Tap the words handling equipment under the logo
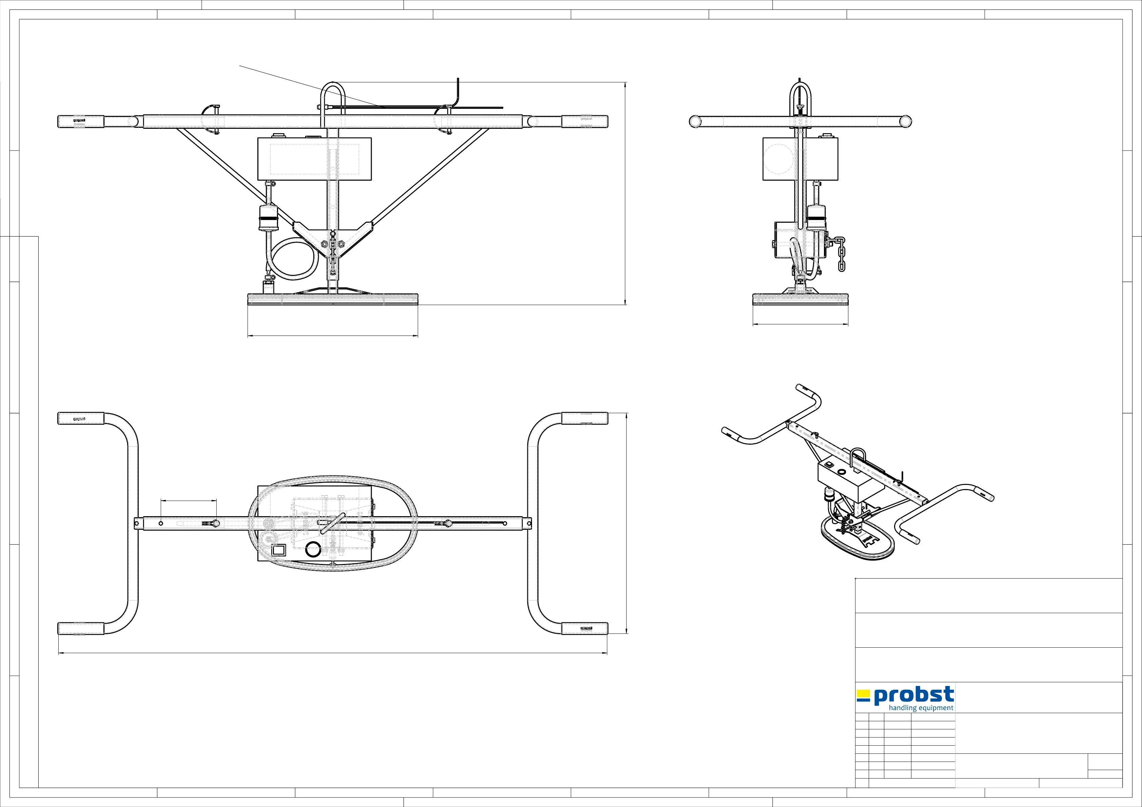[x=921, y=708]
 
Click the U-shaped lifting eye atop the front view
[x=333, y=95]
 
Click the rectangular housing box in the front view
[x=314, y=159]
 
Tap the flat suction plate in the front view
[x=333, y=298]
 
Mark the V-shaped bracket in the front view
[x=332, y=236]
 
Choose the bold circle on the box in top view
[x=313, y=550]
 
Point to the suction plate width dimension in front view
[x=333, y=336]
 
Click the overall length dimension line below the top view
[x=333, y=653]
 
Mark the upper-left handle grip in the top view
[x=81, y=418]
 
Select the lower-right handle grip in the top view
[x=585, y=628]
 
